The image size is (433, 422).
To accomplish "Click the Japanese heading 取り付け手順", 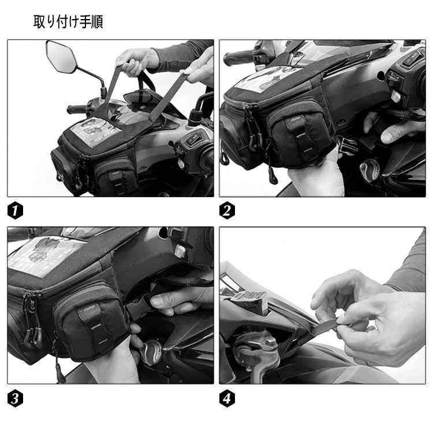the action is (68, 21).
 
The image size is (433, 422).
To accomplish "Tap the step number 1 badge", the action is (15, 210).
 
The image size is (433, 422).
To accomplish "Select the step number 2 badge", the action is (227, 210).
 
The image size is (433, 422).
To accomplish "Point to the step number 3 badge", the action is (15, 398).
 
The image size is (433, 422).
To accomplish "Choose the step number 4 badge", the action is (227, 398).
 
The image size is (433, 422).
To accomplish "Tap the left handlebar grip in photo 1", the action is (77, 109).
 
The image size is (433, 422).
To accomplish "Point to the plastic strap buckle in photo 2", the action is (348, 145).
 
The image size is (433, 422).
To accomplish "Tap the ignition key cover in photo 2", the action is (369, 170).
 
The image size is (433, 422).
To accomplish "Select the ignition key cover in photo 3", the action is (151, 352).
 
